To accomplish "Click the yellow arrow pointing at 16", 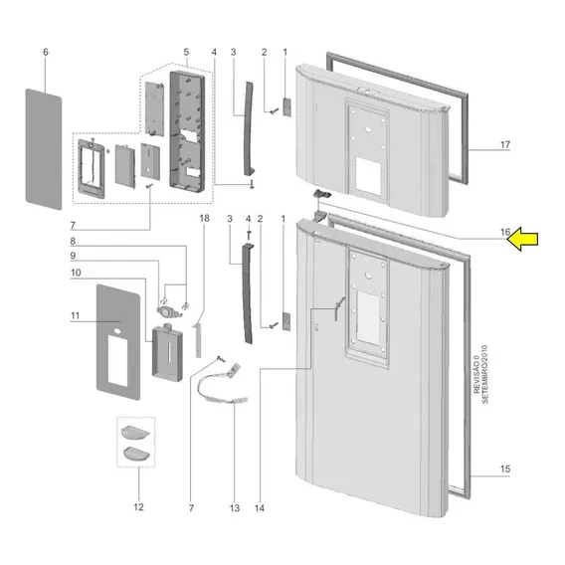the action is [x=523, y=239].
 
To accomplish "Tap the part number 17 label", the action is [x=505, y=144].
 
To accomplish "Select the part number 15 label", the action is [x=505, y=469].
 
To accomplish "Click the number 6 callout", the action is [x=46, y=52].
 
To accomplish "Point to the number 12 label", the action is [x=138, y=507].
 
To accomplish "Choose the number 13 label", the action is [x=235, y=508].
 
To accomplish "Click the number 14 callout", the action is [x=260, y=508].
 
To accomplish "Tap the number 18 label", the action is [x=204, y=218].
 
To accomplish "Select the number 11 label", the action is [x=75, y=315].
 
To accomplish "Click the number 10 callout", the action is [x=76, y=273].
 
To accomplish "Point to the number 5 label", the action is [x=186, y=52].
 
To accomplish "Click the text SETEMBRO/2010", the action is [x=485, y=374].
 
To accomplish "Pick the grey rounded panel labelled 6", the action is [x=44, y=149].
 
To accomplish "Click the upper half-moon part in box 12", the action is [x=135, y=432].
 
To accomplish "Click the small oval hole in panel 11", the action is [x=117, y=330].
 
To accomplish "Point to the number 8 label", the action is [x=73, y=241].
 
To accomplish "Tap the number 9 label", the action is [x=73, y=256].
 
